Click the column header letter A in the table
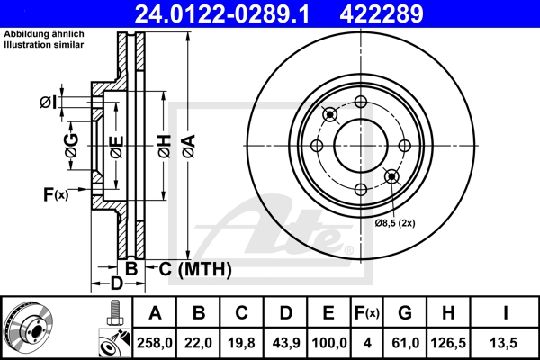155,313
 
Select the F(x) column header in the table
366,313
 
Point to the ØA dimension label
186,144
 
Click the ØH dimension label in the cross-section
163,144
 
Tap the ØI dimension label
48,102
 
